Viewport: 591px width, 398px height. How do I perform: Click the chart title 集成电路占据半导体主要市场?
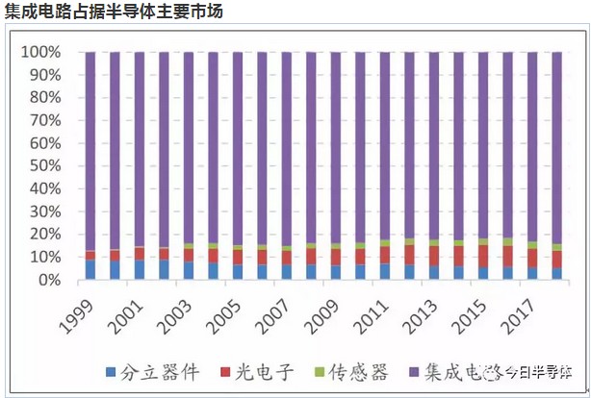tap(115, 11)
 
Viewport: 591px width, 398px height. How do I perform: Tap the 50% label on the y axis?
tap(44, 166)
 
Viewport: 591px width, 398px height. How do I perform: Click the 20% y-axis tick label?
tap(44, 235)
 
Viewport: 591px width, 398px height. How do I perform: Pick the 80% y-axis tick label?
tap(44, 98)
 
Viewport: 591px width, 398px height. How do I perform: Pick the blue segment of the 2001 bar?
tap(140, 270)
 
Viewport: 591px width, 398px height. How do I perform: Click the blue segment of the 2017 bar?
tap(532, 274)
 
